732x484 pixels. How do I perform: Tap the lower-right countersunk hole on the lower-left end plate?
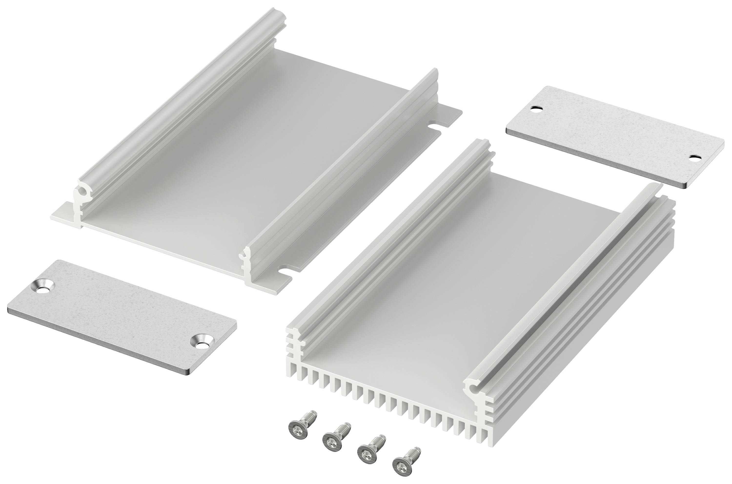pos(200,342)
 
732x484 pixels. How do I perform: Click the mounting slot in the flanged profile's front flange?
pos(285,269)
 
